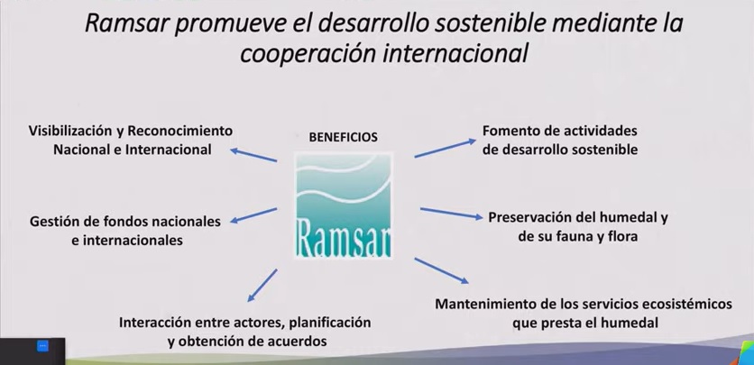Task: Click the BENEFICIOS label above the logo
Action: pos(343,137)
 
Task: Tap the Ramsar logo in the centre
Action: pos(344,206)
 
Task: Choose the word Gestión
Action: pos(51,222)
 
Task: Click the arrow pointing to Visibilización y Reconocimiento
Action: pos(253,155)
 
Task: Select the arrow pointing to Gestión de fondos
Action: pos(253,215)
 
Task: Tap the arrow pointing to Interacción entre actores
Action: pos(262,286)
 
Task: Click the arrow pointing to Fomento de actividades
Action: pos(446,148)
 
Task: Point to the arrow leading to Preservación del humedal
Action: pos(452,214)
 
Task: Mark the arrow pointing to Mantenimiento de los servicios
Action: pos(441,271)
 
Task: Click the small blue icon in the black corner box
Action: pos(42,346)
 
